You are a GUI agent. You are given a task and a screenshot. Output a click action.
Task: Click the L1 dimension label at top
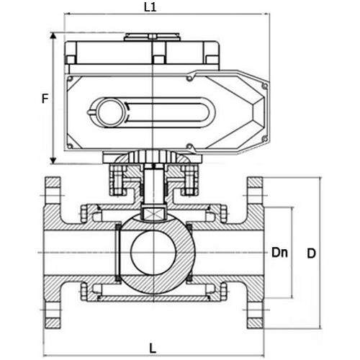[x=150, y=7]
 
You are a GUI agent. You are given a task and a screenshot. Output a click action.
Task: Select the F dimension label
[x=44, y=99]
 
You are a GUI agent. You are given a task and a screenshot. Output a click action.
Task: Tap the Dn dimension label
[x=280, y=253]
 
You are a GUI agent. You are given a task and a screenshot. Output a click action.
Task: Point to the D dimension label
[x=311, y=253]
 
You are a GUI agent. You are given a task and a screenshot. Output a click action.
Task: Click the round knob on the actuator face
[x=109, y=112]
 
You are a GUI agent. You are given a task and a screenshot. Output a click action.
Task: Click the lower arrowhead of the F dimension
[x=53, y=161]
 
